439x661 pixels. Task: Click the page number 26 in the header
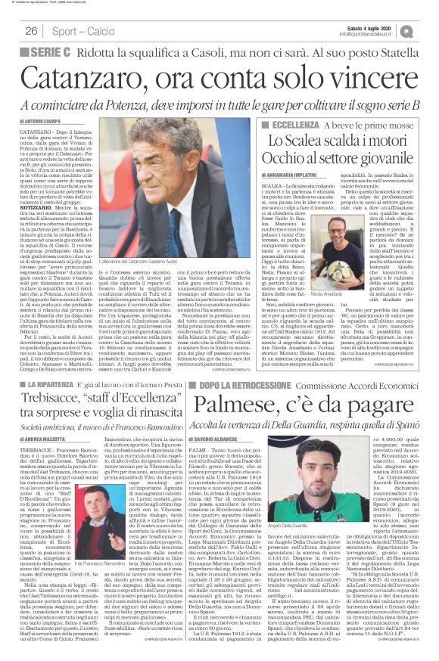[31, 30]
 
